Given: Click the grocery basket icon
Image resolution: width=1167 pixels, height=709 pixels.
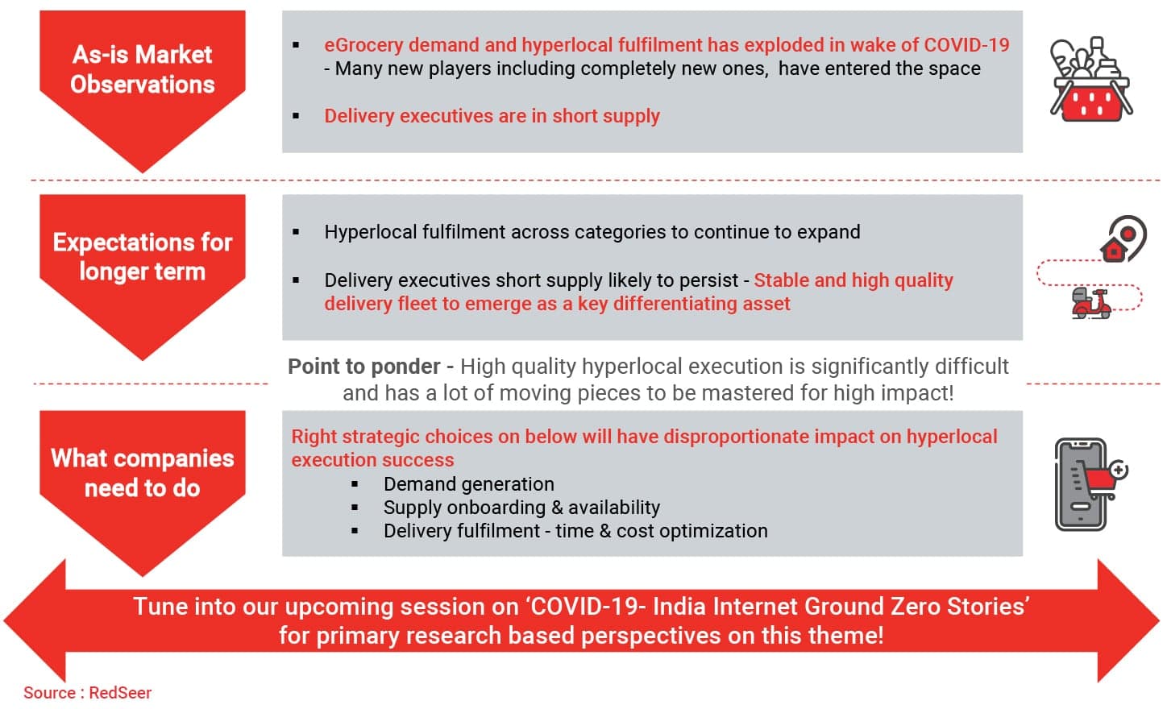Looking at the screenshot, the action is click(x=1091, y=79).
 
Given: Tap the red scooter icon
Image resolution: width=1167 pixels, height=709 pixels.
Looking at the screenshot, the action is click(x=1091, y=303).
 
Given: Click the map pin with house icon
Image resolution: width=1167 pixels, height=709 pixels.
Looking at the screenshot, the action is click(x=1123, y=239).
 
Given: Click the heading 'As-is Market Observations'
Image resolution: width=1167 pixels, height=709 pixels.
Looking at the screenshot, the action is click(x=142, y=69).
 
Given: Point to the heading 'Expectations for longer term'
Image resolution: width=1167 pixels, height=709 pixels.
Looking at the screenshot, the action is click(x=142, y=257).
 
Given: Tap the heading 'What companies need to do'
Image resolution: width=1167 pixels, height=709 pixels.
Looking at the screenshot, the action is click(x=142, y=473).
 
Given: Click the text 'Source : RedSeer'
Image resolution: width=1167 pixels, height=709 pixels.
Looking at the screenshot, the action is click(x=88, y=693).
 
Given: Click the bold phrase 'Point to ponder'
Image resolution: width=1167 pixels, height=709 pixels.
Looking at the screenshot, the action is click(x=363, y=367).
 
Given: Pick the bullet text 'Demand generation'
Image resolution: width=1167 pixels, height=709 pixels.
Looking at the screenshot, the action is click(x=469, y=484).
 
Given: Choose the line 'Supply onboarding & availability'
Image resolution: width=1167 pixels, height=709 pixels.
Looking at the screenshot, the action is click(x=521, y=508).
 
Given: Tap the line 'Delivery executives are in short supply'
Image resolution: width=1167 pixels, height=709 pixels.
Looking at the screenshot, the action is click(x=492, y=116).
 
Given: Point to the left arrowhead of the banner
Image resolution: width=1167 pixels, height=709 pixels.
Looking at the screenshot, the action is click(x=35, y=620).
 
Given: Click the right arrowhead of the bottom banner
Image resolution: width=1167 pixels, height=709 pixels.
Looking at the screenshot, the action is click(x=1128, y=620).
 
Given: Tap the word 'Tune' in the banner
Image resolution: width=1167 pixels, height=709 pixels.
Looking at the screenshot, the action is click(x=160, y=607).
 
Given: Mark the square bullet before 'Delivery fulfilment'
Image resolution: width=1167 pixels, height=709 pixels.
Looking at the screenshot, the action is click(x=355, y=531).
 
